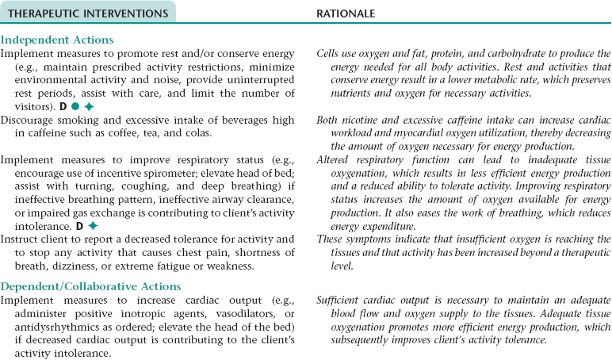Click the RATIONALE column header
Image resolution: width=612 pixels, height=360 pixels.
(x=346, y=13)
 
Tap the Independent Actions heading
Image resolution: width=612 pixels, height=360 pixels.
(x=57, y=40)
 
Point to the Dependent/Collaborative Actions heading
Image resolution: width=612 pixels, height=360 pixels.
(x=90, y=286)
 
